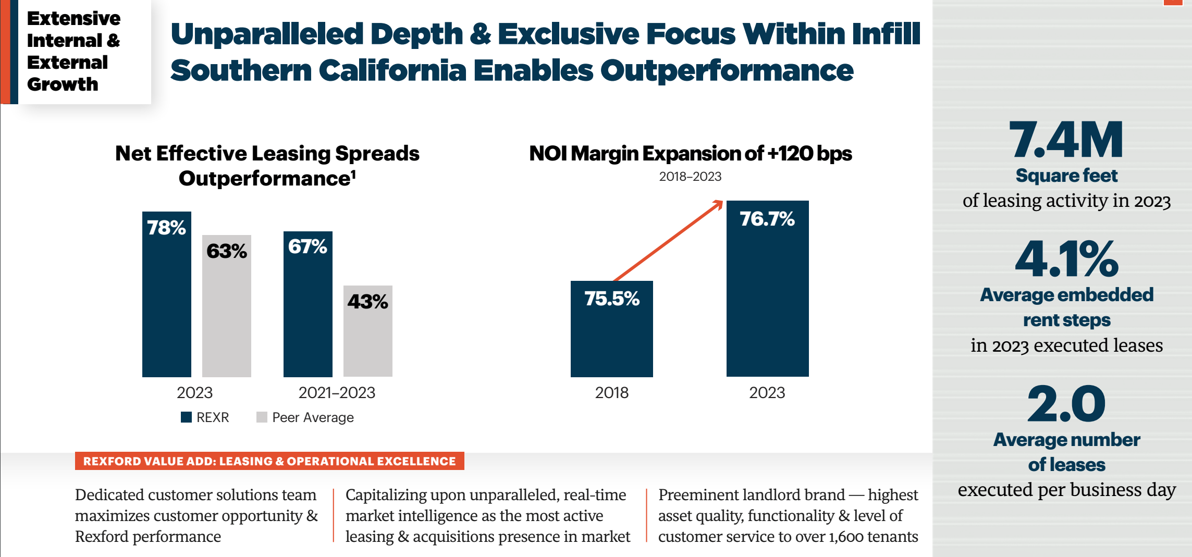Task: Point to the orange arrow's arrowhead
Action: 719,204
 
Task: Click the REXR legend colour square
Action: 186,417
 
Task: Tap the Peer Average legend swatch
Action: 262,417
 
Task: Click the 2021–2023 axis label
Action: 337,393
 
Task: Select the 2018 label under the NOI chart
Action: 611,393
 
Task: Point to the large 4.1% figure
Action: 1066,259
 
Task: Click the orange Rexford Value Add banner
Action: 269,461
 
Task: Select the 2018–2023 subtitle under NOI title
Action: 690,177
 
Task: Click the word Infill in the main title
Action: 886,34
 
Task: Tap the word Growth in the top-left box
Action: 63,84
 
